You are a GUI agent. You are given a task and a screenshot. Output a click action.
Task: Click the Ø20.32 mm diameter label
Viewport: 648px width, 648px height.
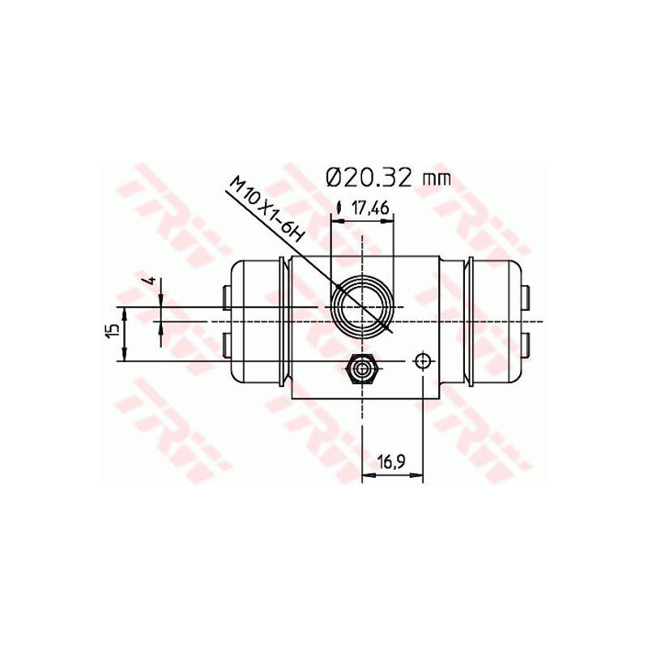pos(388,178)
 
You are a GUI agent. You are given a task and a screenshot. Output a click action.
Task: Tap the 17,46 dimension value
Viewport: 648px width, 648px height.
pos(369,208)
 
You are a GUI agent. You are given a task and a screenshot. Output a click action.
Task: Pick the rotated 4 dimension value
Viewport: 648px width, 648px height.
pos(151,280)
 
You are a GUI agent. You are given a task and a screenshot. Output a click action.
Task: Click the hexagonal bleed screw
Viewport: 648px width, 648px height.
pos(362,369)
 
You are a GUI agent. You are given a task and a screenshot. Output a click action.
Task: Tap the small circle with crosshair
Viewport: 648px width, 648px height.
pos(422,361)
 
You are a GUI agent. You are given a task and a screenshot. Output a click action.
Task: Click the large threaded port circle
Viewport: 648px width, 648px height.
pos(362,307)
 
